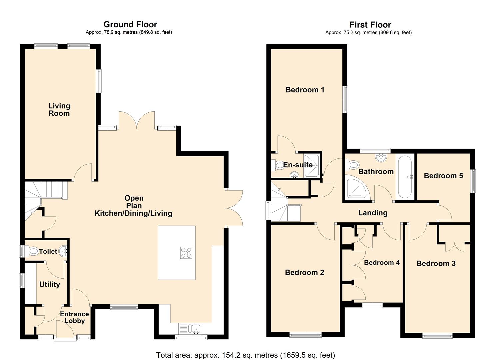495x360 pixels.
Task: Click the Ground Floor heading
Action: pyautogui.click(x=130, y=24)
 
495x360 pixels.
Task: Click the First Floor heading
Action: pyautogui.click(x=370, y=25)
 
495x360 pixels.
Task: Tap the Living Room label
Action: pyautogui.click(x=59, y=110)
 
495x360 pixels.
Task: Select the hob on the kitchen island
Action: pyautogui.click(x=186, y=252)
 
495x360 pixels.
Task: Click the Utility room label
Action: pyautogui.click(x=50, y=284)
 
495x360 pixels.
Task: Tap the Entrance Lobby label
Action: pyautogui.click(x=74, y=317)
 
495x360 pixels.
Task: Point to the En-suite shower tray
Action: pyautogui.click(x=312, y=165)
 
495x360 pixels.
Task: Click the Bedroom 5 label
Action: pyautogui.click(x=443, y=176)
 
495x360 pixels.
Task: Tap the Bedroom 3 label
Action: pyautogui.click(x=436, y=264)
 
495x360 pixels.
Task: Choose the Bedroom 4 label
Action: pyautogui.click(x=382, y=263)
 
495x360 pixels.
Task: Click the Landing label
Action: pyautogui.click(x=373, y=213)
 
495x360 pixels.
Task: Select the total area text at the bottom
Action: pyautogui.click(x=246, y=355)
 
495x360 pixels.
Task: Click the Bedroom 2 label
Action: pyautogui.click(x=304, y=273)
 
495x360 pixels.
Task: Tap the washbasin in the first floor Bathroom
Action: pyautogui.click(x=381, y=157)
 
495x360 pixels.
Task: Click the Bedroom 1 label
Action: pyautogui.click(x=305, y=90)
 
